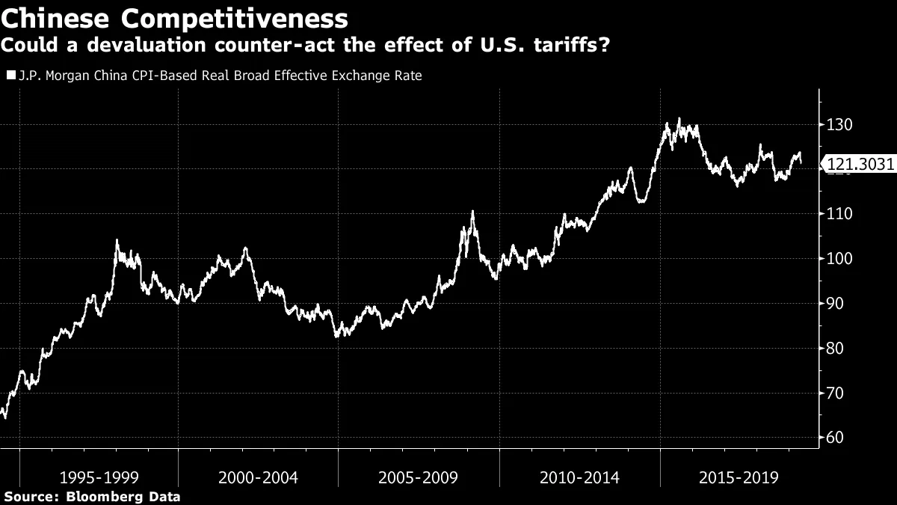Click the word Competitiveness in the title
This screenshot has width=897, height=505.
(238, 18)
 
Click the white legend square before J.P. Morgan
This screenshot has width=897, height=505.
(10, 76)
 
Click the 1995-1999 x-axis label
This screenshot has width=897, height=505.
(98, 477)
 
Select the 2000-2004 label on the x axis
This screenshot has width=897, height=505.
(258, 477)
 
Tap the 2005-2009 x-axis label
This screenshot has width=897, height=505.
(419, 477)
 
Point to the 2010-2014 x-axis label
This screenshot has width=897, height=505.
(579, 477)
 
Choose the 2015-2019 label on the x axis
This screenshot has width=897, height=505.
(739, 477)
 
